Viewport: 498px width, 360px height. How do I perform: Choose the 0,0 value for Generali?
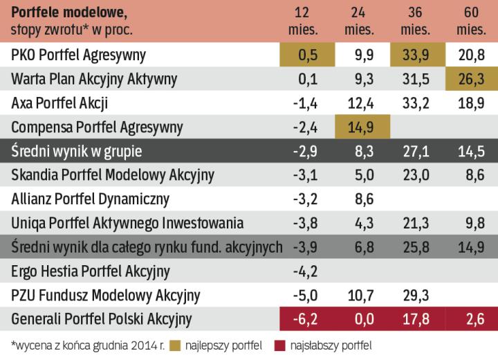(x=362, y=320)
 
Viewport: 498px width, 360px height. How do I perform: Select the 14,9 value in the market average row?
(x=473, y=247)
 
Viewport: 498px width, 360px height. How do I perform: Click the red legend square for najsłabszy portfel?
(x=281, y=344)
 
